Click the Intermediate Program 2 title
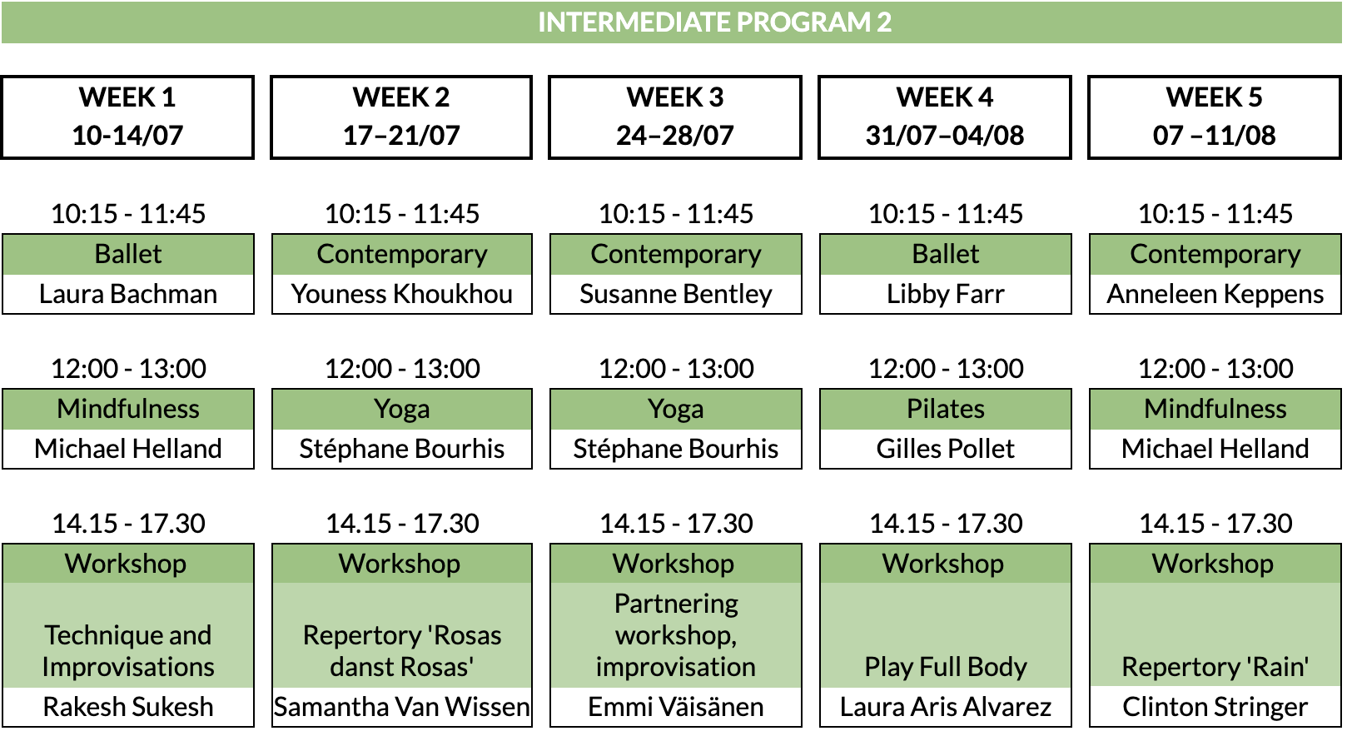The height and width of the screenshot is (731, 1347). pyautogui.click(x=714, y=22)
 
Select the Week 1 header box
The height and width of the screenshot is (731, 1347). pyautogui.click(x=127, y=117)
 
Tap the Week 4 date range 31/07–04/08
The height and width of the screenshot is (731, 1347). pyautogui.click(x=945, y=135)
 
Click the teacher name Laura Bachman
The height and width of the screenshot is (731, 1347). pyautogui.click(x=128, y=294)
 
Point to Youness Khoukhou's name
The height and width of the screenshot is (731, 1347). pyautogui.click(x=402, y=294)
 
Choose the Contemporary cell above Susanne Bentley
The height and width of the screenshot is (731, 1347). pyautogui.click(x=676, y=254)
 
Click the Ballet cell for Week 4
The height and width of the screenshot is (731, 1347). pyautogui.click(x=945, y=254)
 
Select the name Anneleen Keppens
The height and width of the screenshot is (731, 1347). pyautogui.click(x=1215, y=295)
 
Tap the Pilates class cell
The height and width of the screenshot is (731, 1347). pyautogui.click(x=945, y=410)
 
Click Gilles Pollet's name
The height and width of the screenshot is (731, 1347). pyautogui.click(x=945, y=449)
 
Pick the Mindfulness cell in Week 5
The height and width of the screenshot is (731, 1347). pyautogui.click(x=1215, y=410)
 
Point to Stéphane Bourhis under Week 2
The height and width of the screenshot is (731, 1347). pyautogui.click(x=402, y=449)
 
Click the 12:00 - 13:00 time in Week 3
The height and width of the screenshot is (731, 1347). pyautogui.click(x=676, y=369)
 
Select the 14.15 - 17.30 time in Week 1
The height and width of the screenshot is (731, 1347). pyautogui.click(x=128, y=524)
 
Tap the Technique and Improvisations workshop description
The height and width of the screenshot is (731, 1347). pyautogui.click(x=128, y=651)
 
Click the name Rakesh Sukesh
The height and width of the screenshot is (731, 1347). pyautogui.click(x=128, y=707)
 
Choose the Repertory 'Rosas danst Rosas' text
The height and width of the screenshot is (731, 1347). pyautogui.click(x=402, y=651)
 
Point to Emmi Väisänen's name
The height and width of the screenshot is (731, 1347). pyautogui.click(x=676, y=707)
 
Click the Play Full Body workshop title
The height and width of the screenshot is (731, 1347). pyautogui.click(x=945, y=667)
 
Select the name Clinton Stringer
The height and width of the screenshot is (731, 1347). pyautogui.click(x=1215, y=708)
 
